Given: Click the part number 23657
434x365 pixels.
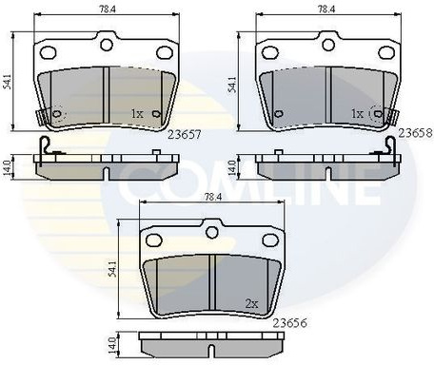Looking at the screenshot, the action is click(x=185, y=135).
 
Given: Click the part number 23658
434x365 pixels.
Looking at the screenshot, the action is click(x=416, y=133).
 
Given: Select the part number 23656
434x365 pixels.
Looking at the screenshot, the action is click(x=290, y=323).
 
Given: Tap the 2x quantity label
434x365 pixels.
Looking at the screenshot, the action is click(x=252, y=304).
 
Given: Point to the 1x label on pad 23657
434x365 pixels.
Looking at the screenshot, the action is click(x=137, y=114).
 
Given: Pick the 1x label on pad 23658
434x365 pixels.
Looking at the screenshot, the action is click(x=358, y=114).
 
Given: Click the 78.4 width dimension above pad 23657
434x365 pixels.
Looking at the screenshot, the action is click(x=108, y=10).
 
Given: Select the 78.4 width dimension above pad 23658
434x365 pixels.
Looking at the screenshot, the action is click(x=326, y=10).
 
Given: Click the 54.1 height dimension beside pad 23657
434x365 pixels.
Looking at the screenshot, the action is click(x=8, y=82).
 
